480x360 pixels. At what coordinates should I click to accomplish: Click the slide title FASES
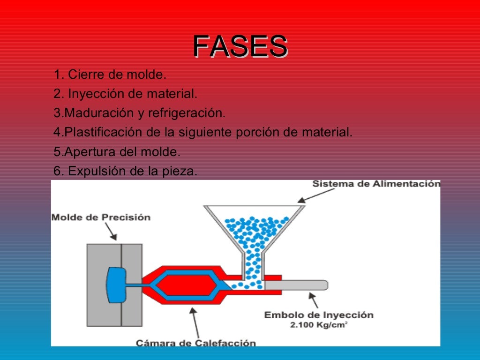240,47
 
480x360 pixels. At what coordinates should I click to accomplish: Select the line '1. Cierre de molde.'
110,75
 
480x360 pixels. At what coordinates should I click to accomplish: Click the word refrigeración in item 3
187,113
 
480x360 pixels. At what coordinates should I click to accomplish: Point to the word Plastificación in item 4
103,133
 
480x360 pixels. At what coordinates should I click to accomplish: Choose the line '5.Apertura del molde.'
117,152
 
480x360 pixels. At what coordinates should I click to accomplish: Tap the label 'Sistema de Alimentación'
376,184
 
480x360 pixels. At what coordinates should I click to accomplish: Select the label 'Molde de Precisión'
101,217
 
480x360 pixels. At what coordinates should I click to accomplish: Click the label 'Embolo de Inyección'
319,315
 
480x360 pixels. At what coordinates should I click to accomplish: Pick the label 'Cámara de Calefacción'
196,343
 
